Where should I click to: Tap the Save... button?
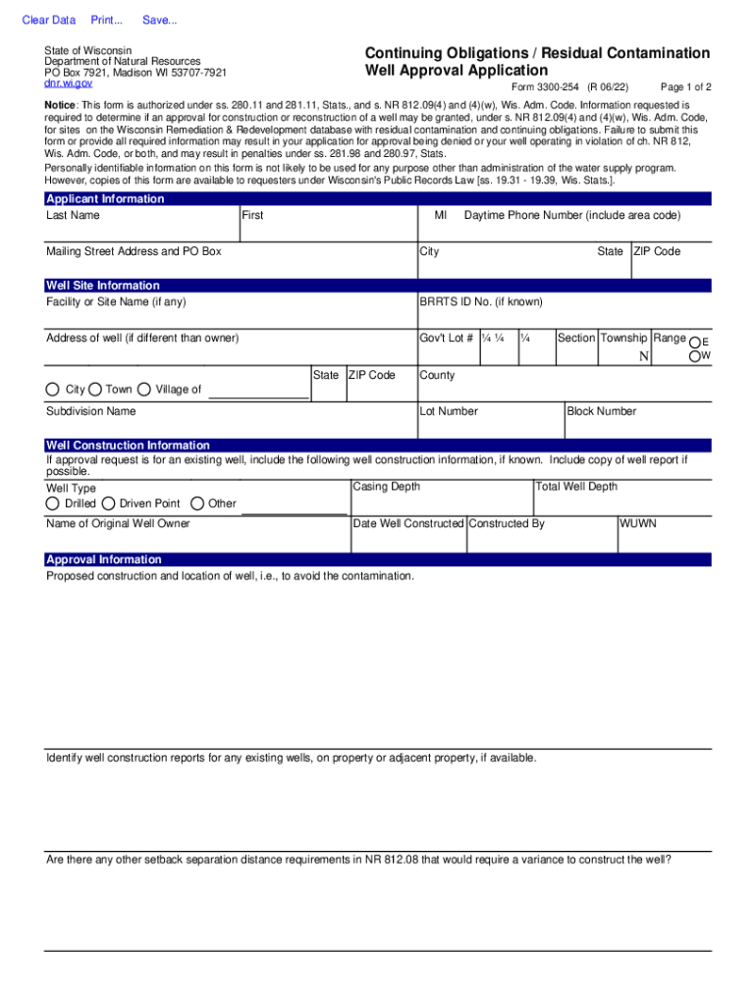click(160, 21)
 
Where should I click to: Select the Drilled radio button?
click(53, 503)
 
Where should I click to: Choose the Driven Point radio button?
click(108, 503)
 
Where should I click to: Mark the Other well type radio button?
click(197, 503)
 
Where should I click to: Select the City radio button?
click(53, 390)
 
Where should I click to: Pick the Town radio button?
click(95, 390)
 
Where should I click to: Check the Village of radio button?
click(144, 390)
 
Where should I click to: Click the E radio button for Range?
click(696, 340)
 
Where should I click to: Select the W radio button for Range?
click(696, 355)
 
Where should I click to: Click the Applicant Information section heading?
click(105, 199)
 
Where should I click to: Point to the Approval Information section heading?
click(104, 559)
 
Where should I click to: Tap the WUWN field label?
click(638, 524)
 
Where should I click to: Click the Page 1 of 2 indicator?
click(686, 86)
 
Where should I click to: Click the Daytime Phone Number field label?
click(572, 216)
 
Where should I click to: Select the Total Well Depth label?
click(576, 487)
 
